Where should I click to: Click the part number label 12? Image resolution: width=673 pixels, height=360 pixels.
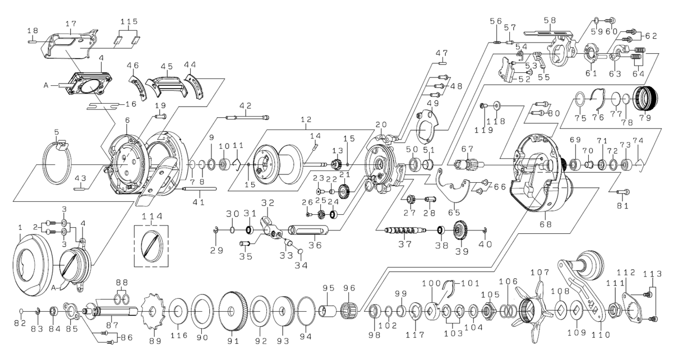pyautogui.click(x=306, y=119)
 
